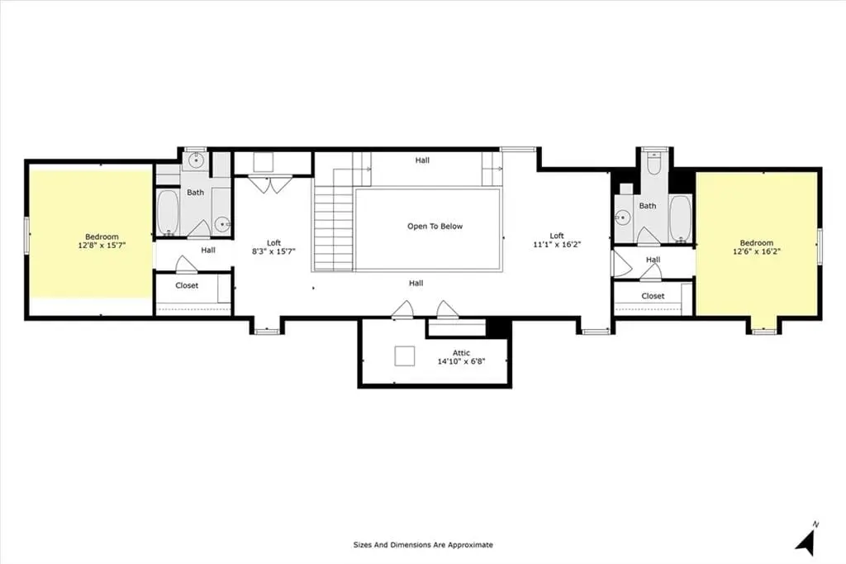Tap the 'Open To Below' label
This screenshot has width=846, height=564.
tap(435, 227)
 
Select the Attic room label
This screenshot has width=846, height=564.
tap(461, 353)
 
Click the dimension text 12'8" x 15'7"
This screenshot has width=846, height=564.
tap(102, 246)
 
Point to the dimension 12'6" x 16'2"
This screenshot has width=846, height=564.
tap(757, 251)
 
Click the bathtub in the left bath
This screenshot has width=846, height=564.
tap(168, 213)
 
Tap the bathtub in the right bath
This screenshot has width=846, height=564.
tap(680, 217)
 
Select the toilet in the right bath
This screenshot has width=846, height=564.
tap(654, 163)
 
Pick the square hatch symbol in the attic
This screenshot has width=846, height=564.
tap(405, 356)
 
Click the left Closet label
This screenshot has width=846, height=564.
tap(187, 285)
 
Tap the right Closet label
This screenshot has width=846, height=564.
tap(653, 296)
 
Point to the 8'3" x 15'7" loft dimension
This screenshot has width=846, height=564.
tap(273, 251)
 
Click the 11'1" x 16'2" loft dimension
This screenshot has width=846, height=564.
tap(557, 244)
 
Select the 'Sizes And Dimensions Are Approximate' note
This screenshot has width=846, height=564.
tap(423, 545)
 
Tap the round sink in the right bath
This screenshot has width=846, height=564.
tap(623, 217)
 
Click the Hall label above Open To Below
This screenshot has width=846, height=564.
tap(422, 160)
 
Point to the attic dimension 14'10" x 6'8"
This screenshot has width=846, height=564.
tap(461, 361)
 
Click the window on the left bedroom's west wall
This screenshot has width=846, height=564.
tap(26, 234)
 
